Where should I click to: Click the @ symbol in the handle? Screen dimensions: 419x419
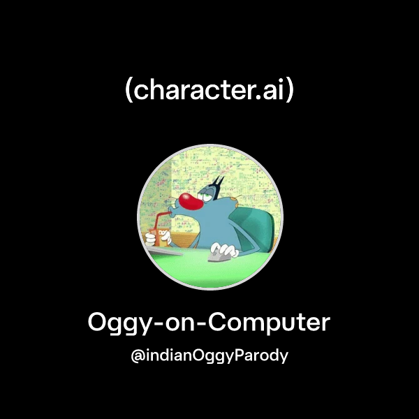pyautogui.click(x=138, y=355)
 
